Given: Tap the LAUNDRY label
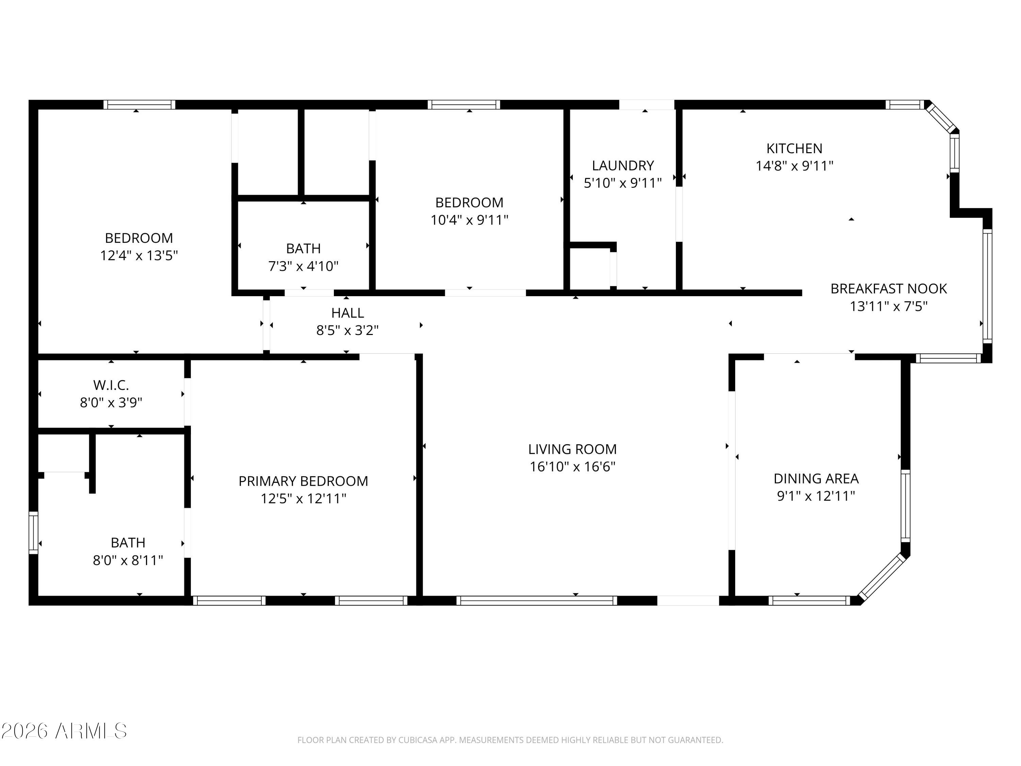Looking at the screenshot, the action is (x=623, y=166).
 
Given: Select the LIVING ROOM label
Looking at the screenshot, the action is (x=572, y=449).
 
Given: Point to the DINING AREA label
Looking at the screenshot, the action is (x=816, y=478).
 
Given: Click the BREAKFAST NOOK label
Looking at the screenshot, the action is (x=889, y=289).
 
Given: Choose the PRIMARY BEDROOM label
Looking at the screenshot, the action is (x=303, y=481).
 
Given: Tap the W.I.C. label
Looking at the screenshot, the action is (x=111, y=385).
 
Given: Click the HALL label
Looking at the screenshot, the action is (x=347, y=313).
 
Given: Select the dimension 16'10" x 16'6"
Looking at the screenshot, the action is (x=572, y=467).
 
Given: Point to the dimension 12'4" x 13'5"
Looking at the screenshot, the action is (x=139, y=255).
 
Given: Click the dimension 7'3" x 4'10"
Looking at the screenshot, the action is (x=303, y=266).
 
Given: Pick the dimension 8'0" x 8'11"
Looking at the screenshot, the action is (x=128, y=560).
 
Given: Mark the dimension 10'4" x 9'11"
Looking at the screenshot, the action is (x=469, y=220).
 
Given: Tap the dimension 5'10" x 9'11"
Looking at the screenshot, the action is (x=623, y=183).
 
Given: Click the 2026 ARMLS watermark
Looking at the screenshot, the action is (x=64, y=731).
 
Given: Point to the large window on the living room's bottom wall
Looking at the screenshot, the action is (x=537, y=600).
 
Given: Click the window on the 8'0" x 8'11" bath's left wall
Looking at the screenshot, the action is (x=33, y=533).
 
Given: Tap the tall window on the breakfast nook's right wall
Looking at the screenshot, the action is (x=987, y=286).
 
